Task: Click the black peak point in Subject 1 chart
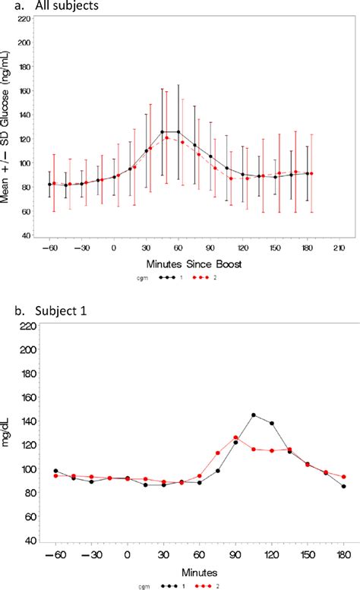point(254,415)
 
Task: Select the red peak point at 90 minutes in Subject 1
point(236,437)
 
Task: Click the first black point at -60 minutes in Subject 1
point(56,471)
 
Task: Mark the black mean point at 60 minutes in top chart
point(178,132)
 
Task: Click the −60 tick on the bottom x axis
point(55,554)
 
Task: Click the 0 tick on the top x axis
point(114,248)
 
